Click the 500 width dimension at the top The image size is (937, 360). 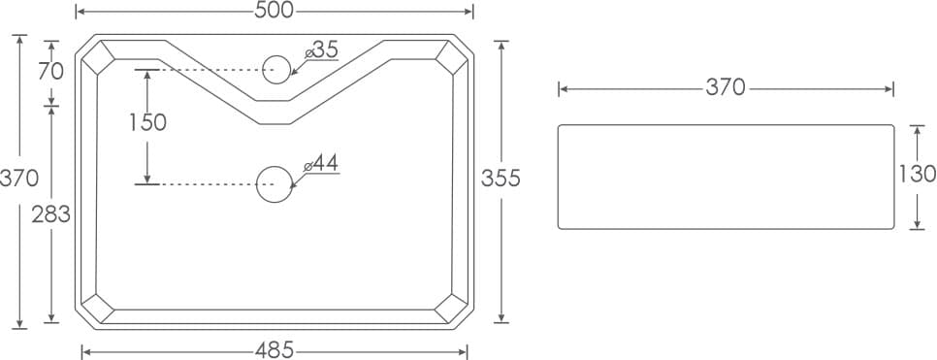pyautogui.click(x=275, y=11)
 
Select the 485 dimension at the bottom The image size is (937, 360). pyautogui.click(x=275, y=350)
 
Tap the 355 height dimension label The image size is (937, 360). pyautogui.click(x=501, y=179)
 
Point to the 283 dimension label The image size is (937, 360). pyautogui.click(x=50, y=214)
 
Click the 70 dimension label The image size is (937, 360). pyautogui.click(x=50, y=72)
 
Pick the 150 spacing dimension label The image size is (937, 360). pyautogui.click(x=147, y=122)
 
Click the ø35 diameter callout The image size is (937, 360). pyautogui.click(x=321, y=50)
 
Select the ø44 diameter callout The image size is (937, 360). pyautogui.click(x=321, y=163)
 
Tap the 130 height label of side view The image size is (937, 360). pyautogui.click(x=918, y=174)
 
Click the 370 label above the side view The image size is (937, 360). pyautogui.click(x=726, y=88)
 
